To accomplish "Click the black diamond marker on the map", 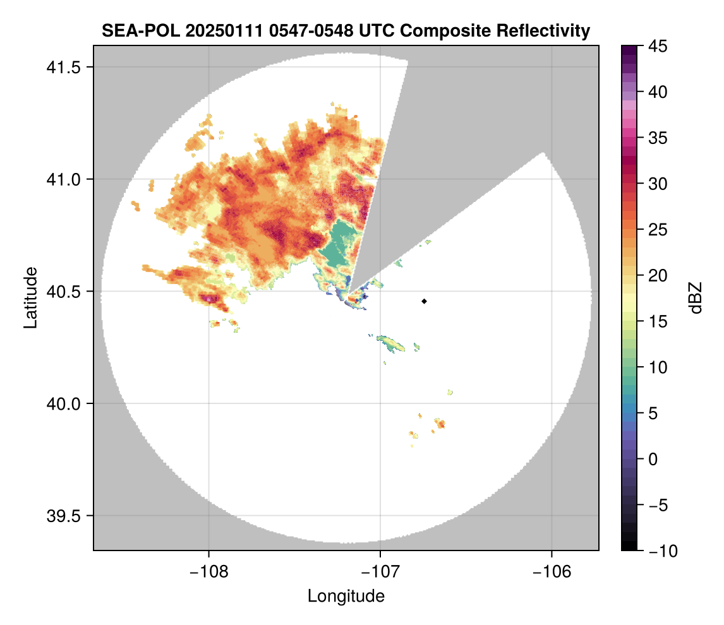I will pos(425,301).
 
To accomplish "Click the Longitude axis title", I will pos(346,595).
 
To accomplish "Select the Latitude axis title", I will pos(30,297).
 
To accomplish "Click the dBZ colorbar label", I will pos(696,297).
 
